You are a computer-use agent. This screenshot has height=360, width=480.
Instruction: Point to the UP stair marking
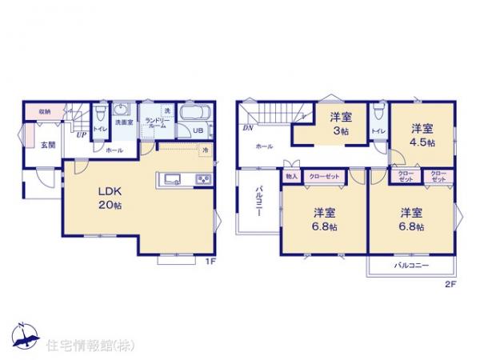click(81, 134)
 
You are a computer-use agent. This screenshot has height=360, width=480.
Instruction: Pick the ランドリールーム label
click(154, 123)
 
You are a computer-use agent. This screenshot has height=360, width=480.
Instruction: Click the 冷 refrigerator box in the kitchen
click(206, 150)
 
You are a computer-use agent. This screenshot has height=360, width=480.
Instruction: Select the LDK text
click(109, 190)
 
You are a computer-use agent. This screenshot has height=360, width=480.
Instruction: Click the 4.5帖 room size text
click(423, 142)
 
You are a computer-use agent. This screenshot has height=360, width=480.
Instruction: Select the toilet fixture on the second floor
click(380, 114)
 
